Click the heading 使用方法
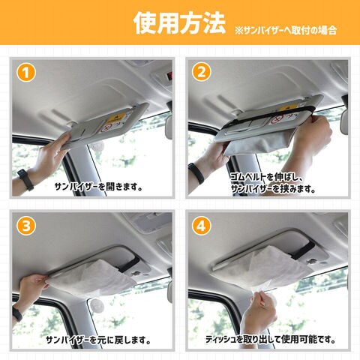pyautogui.click(x=179, y=23)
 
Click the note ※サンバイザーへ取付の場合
pyautogui.click(x=286, y=30)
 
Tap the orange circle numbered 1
pyautogui.click(x=26, y=73)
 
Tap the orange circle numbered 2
pyautogui.click(x=202, y=73)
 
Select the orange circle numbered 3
pyautogui.click(x=26, y=226)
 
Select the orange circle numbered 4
pyautogui.click(x=202, y=226)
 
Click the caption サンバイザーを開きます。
pyautogui.click(x=98, y=187)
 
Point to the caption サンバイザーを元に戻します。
pyautogui.click(x=98, y=340)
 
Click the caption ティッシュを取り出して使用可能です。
pyautogui.click(x=271, y=339)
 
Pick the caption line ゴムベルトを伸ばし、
pyautogui.click(x=266, y=177)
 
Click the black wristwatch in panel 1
pyautogui.click(x=25, y=179)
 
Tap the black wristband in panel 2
pyautogui.click(x=196, y=173)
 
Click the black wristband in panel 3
pyautogui.click(x=17, y=313)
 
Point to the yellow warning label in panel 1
pyautogui.click(x=117, y=117)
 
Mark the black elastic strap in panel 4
pyautogui.click(x=303, y=250)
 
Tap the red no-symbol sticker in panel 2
pyautogui.click(x=275, y=120)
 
